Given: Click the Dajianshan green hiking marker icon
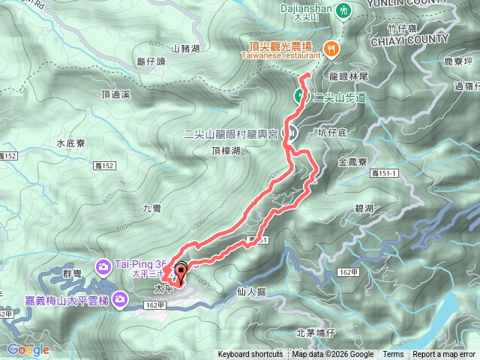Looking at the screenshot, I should point(343,10).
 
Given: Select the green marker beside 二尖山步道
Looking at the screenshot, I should point(298,96).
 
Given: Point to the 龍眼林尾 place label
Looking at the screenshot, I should point(346,76).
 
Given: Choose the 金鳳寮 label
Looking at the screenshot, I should point(352,161).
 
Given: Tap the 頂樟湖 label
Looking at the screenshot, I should point(226,151).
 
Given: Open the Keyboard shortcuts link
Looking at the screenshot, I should point(250,355).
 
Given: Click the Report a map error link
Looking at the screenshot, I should point(445,355).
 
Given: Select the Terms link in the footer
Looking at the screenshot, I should point(393,355).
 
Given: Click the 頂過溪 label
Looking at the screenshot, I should point(115,94).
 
